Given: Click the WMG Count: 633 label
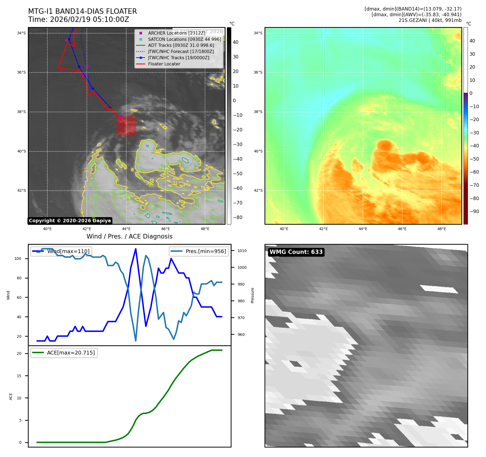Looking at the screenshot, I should pyautogui.click(x=296, y=252).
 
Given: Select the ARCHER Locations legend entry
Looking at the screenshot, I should pyautogui.click(x=177, y=33).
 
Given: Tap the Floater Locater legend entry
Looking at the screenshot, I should pyautogui.click(x=164, y=64).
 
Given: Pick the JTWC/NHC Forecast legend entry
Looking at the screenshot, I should pyautogui.click(x=181, y=52).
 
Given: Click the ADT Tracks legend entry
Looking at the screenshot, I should pyautogui.click(x=181, y=45).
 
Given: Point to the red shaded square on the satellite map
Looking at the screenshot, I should pyautogui.click(x=126, y=126).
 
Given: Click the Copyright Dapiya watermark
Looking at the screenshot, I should pyautogui.click(x=70, y=221).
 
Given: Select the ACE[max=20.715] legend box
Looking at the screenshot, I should pyautogui.click(x=64, y=353).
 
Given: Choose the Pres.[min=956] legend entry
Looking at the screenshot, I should pyautogui.click(x=199, y=251).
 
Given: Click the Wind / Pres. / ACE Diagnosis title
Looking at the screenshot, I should pyautogui.click(x=129, y=236).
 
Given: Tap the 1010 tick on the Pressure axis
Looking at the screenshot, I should pyautogui.click(x=242, y=251).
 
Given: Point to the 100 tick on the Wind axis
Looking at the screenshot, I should pyautogui.click(x=18, y=259).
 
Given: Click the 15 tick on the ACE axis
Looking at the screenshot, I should pyautogui.click(x=19, y=376).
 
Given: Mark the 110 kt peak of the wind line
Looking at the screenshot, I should pyautogui.click(x=135, y=249).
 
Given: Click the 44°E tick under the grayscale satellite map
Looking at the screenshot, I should pyautogui.click(x=126, y=229).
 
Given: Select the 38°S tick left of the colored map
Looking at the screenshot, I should pyautogui.click(x=258, y=112).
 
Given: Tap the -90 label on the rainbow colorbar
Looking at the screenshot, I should pyautogui.click(x=474, y=211).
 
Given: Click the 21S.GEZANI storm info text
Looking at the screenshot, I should pyautogui.click(x=430, y=20).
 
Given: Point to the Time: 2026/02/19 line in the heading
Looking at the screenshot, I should pyautogui.click(x=78, y=19).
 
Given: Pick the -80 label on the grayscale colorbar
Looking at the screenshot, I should pyautogui.click(x=237, y=217).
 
